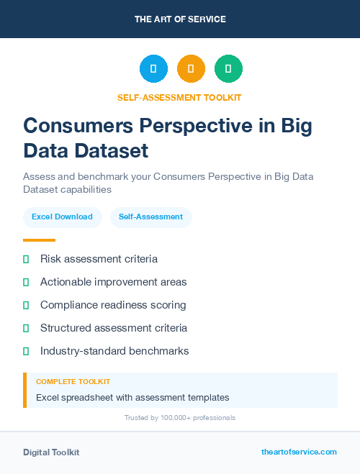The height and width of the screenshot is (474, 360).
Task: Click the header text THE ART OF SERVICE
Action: [x=180, y=19]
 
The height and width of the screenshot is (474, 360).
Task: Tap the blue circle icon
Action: [x=153, y=69]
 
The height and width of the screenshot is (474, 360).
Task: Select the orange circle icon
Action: [x=191, y=69]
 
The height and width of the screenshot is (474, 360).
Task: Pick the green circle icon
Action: [x=228, y=69]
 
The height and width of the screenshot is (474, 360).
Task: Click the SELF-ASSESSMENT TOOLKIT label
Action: [x=180, y=97]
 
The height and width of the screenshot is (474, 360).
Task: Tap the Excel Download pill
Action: [x=62, y=217]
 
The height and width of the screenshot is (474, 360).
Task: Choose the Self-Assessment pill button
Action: [x=150, y=217]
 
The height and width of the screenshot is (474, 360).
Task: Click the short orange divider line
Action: [x=39, y=240]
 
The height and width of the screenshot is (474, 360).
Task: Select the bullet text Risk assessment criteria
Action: [x=99, y=259]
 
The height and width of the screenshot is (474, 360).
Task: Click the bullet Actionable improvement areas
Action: [x=113, y=282]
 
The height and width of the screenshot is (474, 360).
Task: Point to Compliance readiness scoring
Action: [x=113, y=305]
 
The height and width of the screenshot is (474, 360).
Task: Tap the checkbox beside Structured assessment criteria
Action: [x=26, y=328]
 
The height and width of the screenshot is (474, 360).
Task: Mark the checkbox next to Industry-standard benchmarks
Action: [x=26, y=351]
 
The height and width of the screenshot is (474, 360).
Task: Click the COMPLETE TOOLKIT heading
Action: [x=73, y=382]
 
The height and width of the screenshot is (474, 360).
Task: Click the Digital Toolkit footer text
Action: [x=51, y=452]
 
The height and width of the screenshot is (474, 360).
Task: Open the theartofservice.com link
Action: [x=299, y=452]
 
